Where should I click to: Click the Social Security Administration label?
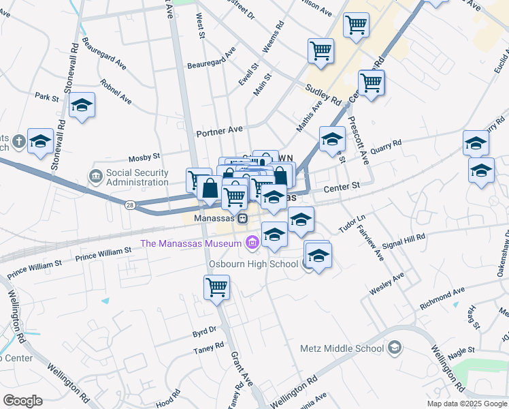tap(137, 178)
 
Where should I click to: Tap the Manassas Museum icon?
tap(253, 243)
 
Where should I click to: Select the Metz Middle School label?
tap(342, 348)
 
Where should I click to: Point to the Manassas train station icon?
tap(242, 218)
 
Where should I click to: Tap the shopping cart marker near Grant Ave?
tap(217, 287)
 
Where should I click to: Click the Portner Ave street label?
tap(219, 130)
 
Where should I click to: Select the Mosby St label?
tap(144, 157)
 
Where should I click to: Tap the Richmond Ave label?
tap(442, 299)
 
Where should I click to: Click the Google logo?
tap(22, 401)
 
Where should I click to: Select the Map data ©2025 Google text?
tap(467, 404)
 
